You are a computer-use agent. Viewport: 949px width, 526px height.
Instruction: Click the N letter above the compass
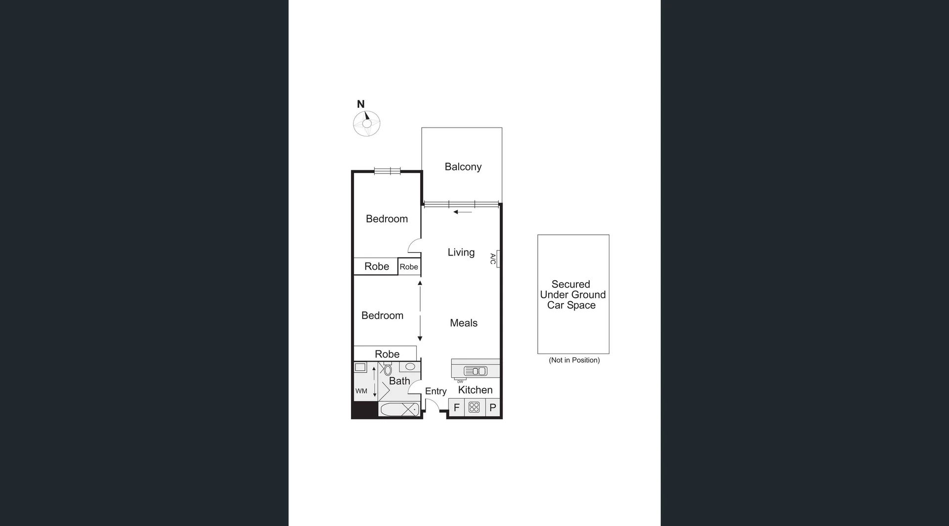point(361,104)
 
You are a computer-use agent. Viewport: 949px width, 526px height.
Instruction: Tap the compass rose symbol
point(367,124)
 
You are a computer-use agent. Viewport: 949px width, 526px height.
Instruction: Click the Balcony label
point(463,167)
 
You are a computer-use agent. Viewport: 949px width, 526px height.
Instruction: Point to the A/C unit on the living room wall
point(498,259)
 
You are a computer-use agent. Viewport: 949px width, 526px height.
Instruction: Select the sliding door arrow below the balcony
point(463,212)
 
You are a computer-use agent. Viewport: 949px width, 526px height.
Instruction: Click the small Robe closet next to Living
point(409,267)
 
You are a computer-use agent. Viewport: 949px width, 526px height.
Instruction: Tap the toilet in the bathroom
point(388,370)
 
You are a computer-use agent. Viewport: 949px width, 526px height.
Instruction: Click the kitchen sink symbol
point(475,371)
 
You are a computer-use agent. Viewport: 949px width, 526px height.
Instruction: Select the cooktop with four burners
point(474,407)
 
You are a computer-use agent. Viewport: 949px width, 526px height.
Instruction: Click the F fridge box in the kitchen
point(457,408)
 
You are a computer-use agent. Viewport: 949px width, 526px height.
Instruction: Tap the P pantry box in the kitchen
point(493,408)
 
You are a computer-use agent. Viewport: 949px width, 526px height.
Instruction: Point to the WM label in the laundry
point(361,391)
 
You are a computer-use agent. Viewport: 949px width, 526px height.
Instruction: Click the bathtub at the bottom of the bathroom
point(399,409)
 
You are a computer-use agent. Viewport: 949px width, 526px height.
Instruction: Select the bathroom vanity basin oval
point(410,367)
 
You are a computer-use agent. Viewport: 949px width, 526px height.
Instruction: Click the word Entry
point(435,391)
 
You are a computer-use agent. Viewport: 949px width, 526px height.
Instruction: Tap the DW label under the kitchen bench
point(460,382)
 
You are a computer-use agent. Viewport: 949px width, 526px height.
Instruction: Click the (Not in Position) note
point(574,360)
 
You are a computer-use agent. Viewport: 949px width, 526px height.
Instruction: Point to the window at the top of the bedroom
point(387,171)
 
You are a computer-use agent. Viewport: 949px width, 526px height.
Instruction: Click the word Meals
point(464,323)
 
